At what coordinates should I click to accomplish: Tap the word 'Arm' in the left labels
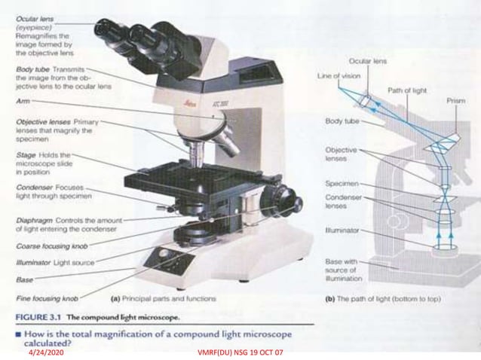pyautogui.click(x=22, y=99)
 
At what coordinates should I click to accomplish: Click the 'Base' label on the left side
pyautogui.click(x=25, y=279)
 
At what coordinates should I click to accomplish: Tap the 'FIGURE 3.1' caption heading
pyautogui.click(x=38, y=314)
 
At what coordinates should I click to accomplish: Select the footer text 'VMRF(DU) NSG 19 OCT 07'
pyautogui.click(x=240, y=352)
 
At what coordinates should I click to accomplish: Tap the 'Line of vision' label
pyautogui.click(x=339, y=75)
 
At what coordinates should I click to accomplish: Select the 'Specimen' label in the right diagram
pyautogui.click(x=342, y=183)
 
